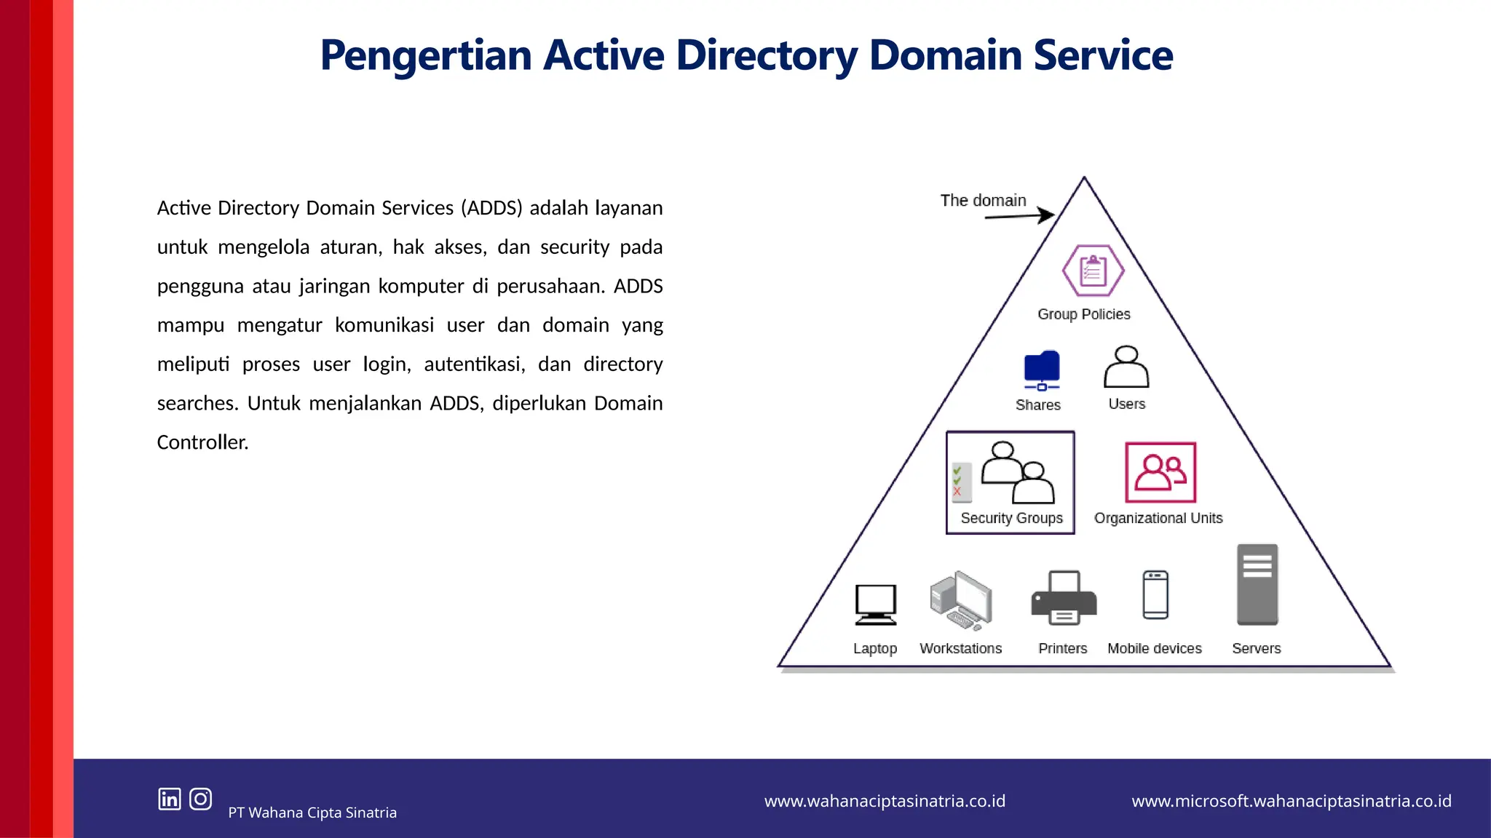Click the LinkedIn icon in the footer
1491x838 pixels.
click(170, 799)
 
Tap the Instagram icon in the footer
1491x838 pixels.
click(200, 799)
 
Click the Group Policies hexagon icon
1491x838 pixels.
click(1093, 271)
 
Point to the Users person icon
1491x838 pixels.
click(1126, 367)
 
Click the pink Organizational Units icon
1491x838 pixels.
click(1160, 472)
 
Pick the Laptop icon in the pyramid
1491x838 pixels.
click(875, 604)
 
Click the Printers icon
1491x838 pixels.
click(1064, 598)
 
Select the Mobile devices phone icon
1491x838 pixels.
click(1155, 595)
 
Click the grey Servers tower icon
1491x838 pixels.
click(1257, 584)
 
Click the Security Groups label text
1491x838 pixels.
click(1011, 518)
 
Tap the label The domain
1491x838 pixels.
click(983, 200)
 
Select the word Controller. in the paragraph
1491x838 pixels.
click(202, 442)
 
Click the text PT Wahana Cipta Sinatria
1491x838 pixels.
click(312, 813)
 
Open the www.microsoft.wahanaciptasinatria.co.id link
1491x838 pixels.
click(1291, 801)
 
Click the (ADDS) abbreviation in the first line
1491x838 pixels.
click(491, 208)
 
